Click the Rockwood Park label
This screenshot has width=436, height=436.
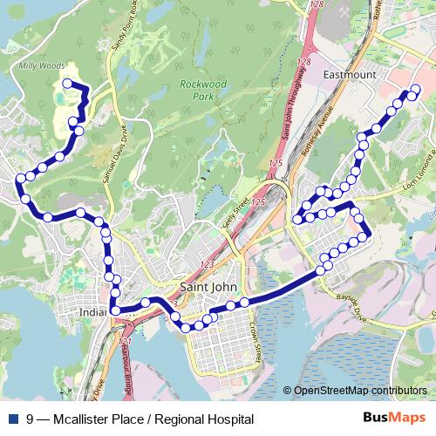point(202,90)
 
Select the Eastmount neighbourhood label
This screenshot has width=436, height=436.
point(350,75)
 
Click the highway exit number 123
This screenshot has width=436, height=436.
point(207,264)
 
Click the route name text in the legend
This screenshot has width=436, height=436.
point(140,419)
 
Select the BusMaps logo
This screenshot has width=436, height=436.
point(395,419)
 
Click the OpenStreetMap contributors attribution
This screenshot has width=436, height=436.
point(359,391)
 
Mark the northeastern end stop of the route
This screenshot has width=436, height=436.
point(414,90)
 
